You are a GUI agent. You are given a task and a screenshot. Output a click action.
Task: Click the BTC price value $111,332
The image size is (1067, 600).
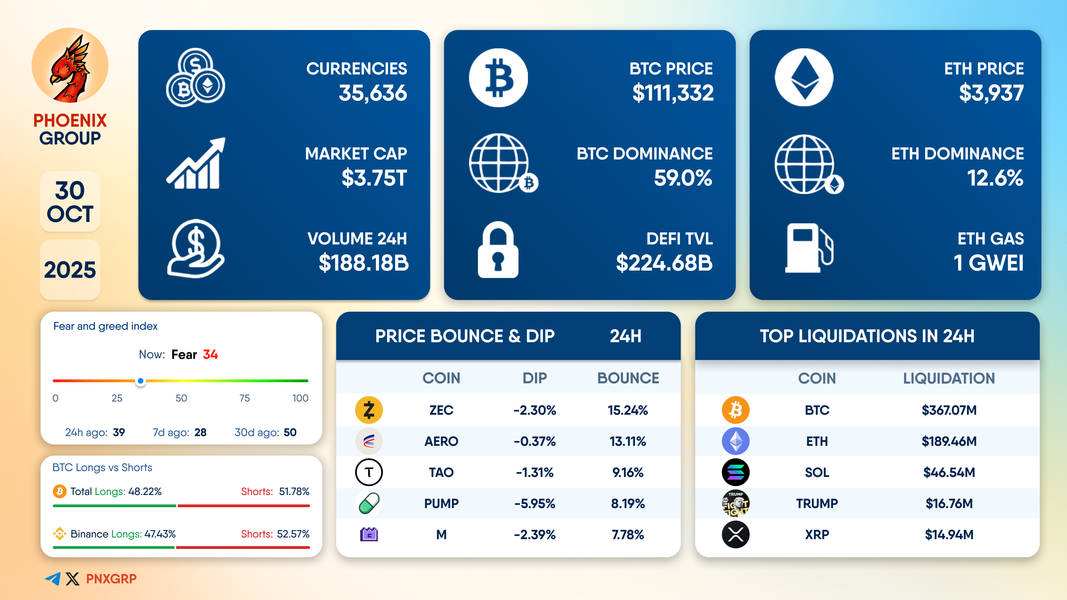point(673,93)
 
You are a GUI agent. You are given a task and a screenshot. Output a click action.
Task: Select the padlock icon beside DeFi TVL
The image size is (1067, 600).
point(498,250)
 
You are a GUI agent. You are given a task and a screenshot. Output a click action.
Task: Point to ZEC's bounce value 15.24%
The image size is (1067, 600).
point(627,410)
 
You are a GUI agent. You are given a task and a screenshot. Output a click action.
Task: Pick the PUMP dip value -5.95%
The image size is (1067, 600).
point(534,504)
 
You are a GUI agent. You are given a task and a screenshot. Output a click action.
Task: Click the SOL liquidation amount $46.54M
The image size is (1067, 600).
point(949,472)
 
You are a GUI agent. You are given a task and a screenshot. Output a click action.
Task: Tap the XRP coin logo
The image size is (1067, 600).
point(736,534)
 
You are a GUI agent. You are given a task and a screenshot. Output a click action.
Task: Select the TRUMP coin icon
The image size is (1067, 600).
point(736,504)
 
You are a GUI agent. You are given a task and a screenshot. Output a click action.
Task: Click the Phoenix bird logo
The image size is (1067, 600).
point(70,66)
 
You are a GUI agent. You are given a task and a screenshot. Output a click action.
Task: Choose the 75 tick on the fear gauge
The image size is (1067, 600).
point(245,398)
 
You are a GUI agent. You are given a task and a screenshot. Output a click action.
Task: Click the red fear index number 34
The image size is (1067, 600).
point(210,354)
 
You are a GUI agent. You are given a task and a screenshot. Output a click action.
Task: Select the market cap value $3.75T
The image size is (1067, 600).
point(374,178)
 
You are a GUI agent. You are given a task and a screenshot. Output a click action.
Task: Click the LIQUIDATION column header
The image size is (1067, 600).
point(949,378)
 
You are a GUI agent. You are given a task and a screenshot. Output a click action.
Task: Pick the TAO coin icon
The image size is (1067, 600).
point(369,472)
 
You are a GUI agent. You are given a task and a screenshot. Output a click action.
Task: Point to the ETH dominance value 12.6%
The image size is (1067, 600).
point(995,178)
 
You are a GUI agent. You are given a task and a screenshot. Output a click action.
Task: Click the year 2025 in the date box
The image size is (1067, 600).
point(70,270)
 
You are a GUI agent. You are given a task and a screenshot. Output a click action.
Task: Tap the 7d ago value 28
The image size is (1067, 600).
point(200,432)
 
